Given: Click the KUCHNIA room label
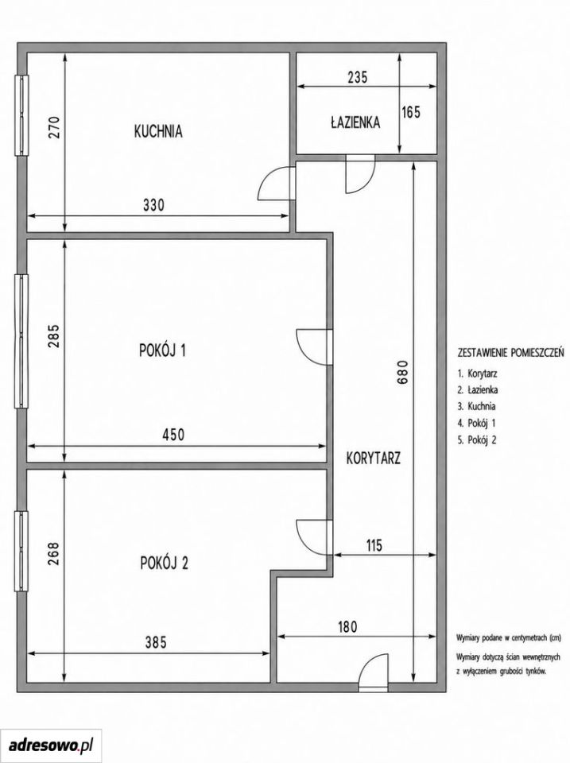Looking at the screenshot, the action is pyautogui.click(x=158, y=131).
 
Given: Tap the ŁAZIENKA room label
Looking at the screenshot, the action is pyautogui.click(x=355, y=122).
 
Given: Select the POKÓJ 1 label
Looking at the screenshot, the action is pyautogui.click(x=163, y=351).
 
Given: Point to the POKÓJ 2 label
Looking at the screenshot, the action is pyautogui.click(x=164, y=563).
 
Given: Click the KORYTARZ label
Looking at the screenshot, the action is pyautogui.click(x=374, y=458).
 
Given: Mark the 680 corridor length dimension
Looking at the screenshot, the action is pyautogui.click(x=402, y=373).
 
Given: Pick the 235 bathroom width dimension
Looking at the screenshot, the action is pyautogui.click(x=357, y=77).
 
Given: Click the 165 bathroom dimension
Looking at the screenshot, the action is pyautogui.click(x=411, y=112).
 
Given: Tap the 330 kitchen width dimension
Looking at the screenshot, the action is pyautogui.click(x=153, y=205).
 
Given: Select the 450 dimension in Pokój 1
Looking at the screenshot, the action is pyautogui.click(x=173, y=434).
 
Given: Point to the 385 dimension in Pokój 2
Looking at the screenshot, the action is pyautogui.click(x=156, y=642).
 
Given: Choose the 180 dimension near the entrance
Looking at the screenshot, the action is pyautogui.click(x=347, y=626).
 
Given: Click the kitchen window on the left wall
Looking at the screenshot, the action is pyautogui.click(x=22, y=115).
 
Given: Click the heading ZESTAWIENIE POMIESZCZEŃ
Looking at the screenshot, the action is pyautogui.click(x=510, y=352).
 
